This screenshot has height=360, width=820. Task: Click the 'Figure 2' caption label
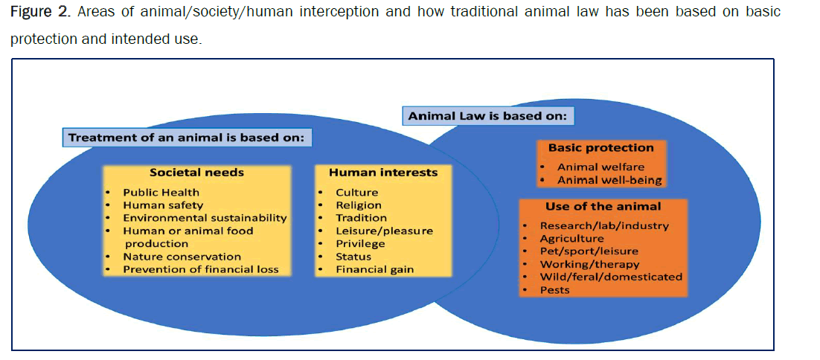coord(39,13)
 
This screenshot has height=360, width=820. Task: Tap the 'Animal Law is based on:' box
coord(487,115)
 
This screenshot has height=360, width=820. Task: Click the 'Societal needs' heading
coord(196,173)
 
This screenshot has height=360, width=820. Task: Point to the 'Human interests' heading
coord(383,173)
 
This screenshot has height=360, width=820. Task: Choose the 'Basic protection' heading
coord(601,148)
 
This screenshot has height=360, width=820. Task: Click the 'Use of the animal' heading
coord(603,206)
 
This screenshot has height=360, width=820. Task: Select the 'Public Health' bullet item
coord(161,193)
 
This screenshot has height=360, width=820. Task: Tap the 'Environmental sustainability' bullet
coord(205,218)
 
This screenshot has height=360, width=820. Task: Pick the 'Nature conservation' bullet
coord(182,257)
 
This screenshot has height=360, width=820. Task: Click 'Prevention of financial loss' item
coord(201,269)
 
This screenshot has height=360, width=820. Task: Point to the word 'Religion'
coord(359,205)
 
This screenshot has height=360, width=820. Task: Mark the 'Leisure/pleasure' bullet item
coord(385,231)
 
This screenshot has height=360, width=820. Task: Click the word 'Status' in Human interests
coord(353,257)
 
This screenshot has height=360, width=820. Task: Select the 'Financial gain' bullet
coord(374,269)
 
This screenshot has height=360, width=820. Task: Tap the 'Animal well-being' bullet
coord(609,181)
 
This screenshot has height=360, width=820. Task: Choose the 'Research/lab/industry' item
coord(604,226)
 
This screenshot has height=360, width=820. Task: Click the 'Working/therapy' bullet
coord(589,264)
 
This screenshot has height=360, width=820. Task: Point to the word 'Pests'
coord(555,290)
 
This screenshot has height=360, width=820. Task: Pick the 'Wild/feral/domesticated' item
coord(612,277)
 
